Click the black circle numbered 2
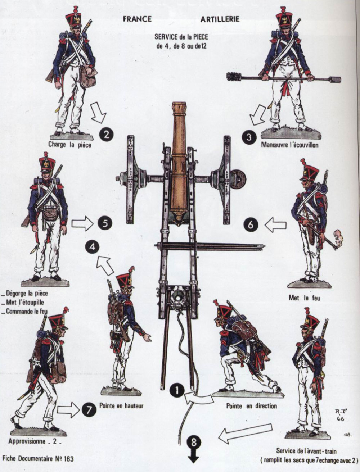(x=106, y=135)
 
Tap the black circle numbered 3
(x=249, y=137)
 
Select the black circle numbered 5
(x=104, y=223)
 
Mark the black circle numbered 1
(x=177, y=391)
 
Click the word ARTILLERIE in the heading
(x=220, y=19)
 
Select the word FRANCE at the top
(x=137, y=19)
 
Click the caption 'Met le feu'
(x=304, y=298)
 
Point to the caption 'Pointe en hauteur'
(x=121, y=406)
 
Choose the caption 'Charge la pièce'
(x=70, y=145)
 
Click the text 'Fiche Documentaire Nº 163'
(x=38, y=459)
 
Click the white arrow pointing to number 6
(x=275, y=225)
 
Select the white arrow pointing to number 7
(x=68, y=409)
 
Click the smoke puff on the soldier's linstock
(x=339, y=238)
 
